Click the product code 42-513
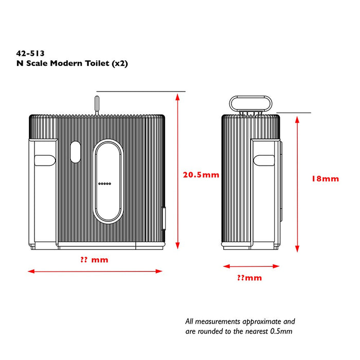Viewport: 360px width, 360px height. tap(30, 53)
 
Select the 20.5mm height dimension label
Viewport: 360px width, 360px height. tap(201, 175)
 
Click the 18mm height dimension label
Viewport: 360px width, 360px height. tap(325, 179)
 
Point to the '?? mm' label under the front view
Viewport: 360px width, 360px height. tap(94, 260)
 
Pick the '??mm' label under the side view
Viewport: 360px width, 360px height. tap(249, 278)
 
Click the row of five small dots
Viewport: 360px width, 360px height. tap(105, 184)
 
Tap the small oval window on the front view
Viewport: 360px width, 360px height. tap(75, 152)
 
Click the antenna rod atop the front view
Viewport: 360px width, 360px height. tap(97, 105)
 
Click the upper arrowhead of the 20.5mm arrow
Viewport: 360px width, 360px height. tap(177, 97)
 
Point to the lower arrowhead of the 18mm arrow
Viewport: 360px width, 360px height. tap(297, 248)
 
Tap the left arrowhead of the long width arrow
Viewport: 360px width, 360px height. tap(31, 272)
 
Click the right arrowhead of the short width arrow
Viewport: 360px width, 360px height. tap(276, 266)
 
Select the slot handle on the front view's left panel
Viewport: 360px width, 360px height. tap(45, 160)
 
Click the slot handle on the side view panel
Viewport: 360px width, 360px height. tap(264, 160)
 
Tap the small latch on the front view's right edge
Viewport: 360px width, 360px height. tap(164, 219)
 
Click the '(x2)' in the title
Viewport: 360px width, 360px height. tap(120, 63)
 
